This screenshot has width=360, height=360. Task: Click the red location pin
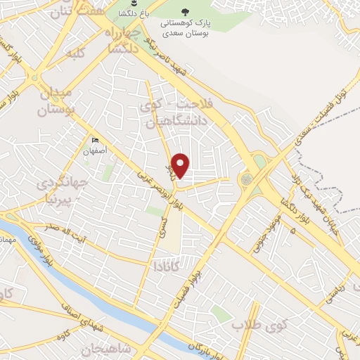tap(181, 165)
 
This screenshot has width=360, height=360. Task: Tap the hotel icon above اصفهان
tap(96, 141)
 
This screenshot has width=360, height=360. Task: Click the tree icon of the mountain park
tap(186, 11)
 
